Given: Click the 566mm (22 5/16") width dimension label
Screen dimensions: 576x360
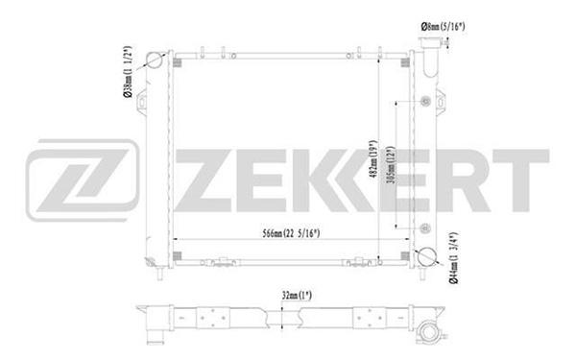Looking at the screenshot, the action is (291, 233).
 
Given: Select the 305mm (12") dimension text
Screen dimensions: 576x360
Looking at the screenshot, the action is (392, 165).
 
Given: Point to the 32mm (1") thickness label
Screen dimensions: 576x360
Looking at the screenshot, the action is (297, 296).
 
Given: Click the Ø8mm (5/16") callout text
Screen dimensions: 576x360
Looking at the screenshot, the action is (443, 27).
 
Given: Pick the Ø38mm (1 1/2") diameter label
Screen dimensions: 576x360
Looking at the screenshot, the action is (127, 72).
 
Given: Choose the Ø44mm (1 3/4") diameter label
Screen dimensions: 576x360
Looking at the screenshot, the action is (454, 258).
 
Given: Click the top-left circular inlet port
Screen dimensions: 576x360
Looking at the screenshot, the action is (155, 60).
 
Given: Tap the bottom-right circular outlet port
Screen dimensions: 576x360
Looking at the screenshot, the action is (427, 256).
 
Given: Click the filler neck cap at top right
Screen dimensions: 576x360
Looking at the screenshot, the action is (430, 42).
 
